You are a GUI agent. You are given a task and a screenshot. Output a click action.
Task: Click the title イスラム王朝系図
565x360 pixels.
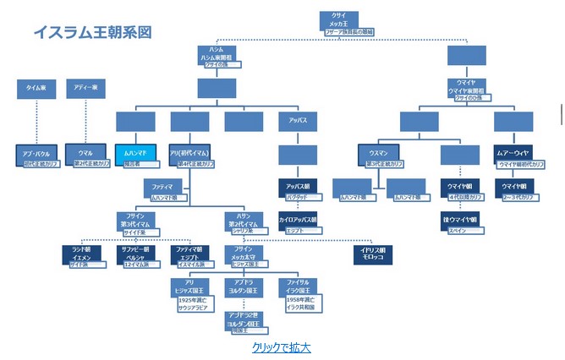coord(93,32)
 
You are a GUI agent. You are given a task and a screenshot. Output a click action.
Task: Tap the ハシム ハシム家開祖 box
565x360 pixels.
coord(217,55)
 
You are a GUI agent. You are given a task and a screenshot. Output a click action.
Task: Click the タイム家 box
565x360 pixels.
coord(37,88)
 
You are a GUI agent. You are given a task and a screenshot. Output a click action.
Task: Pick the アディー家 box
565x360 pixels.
coord(86,88)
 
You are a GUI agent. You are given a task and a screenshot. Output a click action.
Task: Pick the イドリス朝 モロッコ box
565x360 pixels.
coord(372,253)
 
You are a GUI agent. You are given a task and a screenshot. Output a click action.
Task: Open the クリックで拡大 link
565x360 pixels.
coord(281,346)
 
